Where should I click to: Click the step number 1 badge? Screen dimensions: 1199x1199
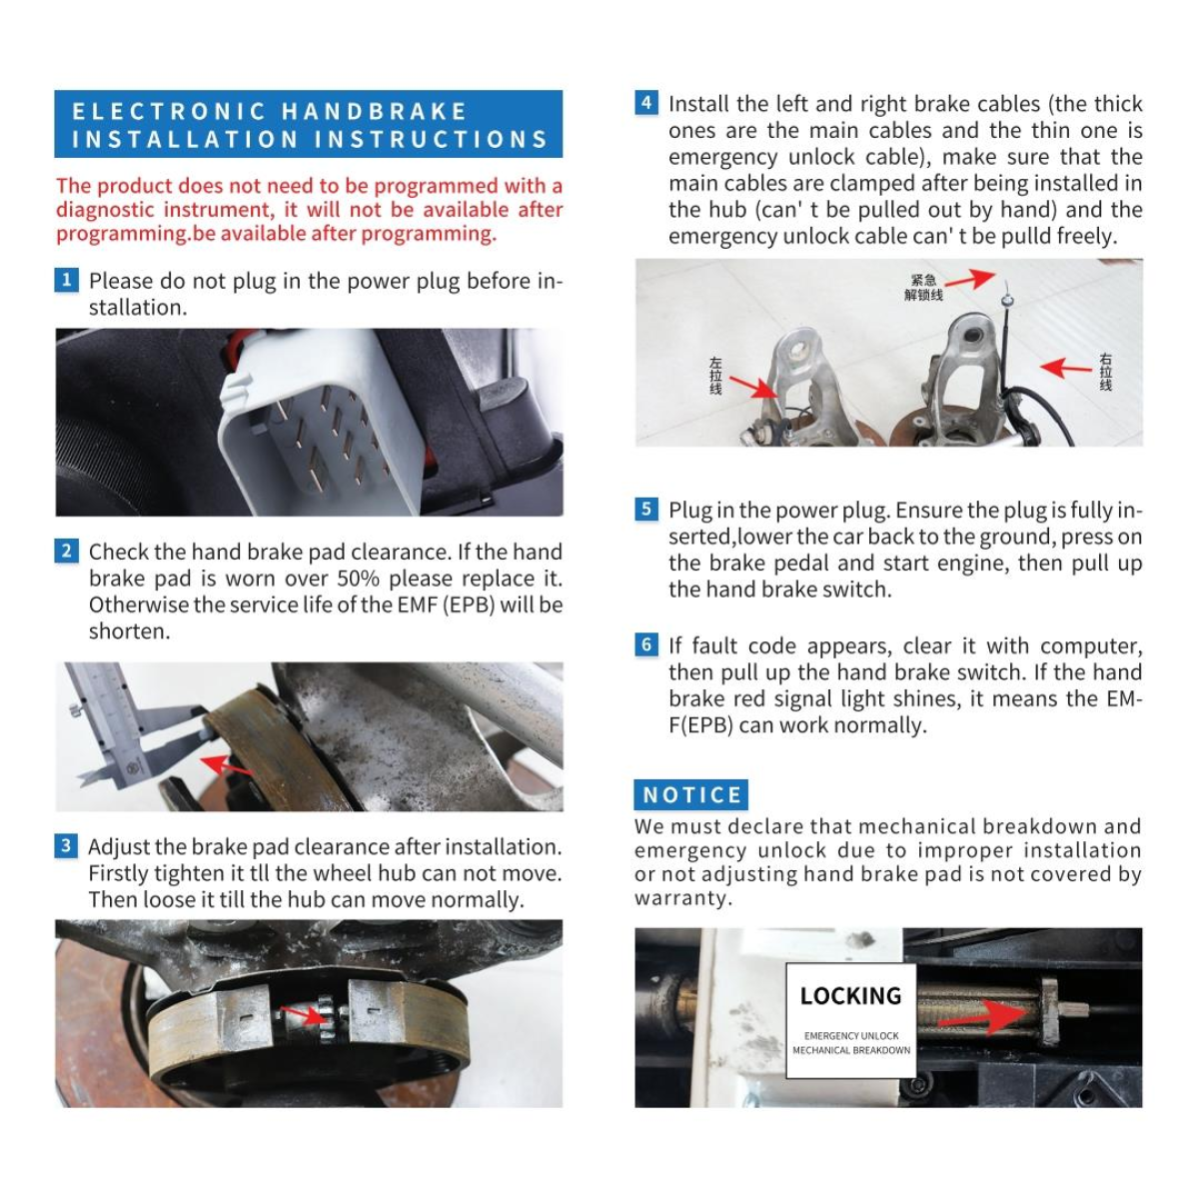[x=66, y=280]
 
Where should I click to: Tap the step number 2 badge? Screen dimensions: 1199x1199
[x=66, y=551]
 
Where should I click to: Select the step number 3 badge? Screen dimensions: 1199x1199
[x=66, y=845]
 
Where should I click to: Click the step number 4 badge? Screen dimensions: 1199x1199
[x=646, y=103]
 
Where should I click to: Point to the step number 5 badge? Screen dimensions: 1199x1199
[x=646, y=509]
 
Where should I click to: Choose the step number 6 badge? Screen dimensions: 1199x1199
[x=646, y=644]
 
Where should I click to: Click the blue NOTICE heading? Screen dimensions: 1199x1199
[x=690, y=794]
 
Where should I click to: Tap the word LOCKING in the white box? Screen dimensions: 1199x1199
[x=850, y=996]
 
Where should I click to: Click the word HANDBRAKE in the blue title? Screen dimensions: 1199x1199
[x=374, y=111]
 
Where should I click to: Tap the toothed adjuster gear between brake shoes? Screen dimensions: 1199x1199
[x=327, y=1018]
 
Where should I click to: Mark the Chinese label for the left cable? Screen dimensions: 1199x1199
[x=715, y=376]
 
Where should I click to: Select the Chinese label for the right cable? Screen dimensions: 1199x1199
[x=1105, y=372]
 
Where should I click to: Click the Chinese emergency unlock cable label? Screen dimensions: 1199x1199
[x=923, y=287]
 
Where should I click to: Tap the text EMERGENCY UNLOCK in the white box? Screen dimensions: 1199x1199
[x=851, y=1036]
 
